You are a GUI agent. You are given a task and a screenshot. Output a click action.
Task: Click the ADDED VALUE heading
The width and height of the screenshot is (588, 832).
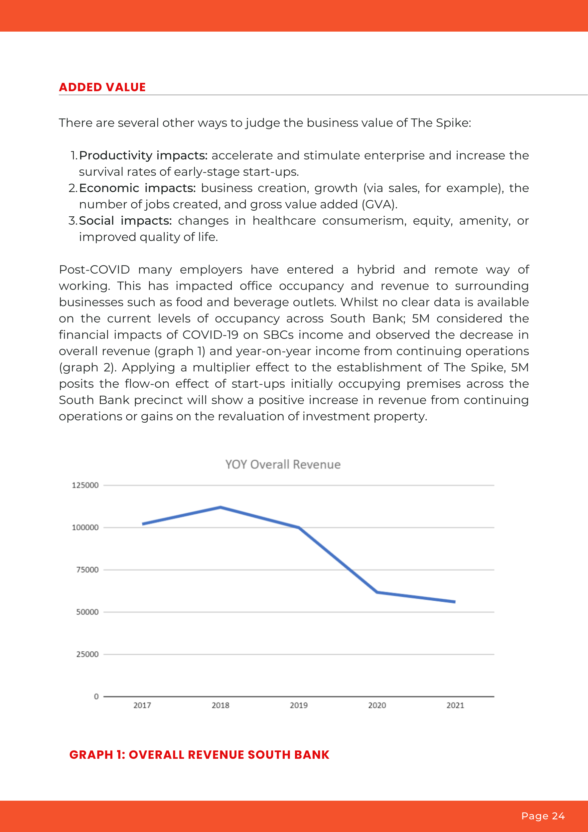pos(102,87)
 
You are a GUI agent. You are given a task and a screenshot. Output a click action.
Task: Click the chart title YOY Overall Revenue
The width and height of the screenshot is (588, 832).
pos(283,464)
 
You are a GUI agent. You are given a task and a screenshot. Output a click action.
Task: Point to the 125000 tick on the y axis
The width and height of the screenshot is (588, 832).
pos(85,485)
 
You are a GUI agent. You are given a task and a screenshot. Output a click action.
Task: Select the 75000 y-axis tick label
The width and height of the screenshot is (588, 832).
pos(87,570)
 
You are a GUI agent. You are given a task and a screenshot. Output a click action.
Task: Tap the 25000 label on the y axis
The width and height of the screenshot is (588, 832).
pos(87,654)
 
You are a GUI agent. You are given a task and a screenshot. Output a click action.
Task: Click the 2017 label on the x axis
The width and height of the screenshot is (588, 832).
pos(142,705)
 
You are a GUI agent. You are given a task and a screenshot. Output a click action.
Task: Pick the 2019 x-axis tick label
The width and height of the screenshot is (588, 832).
pos(299,705)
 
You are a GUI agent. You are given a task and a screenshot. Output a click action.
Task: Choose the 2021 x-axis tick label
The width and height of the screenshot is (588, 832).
pos(455,705)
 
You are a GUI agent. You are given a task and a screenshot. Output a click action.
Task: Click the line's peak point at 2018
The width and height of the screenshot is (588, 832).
pos(220,507)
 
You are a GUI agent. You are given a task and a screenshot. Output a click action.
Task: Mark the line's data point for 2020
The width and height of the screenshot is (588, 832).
pos(377,592)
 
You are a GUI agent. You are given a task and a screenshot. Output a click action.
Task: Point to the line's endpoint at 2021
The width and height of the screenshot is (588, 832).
pos(455,601)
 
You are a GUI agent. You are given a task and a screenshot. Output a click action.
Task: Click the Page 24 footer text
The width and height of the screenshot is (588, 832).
pos(543,816)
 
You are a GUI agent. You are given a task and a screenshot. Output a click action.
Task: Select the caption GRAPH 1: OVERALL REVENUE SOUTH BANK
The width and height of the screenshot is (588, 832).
pos(199,754)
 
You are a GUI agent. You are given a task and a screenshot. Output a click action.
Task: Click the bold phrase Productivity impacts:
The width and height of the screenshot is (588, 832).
pos(143,155)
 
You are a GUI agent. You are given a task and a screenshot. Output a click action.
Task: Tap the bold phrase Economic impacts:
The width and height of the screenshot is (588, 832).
pos(137,188)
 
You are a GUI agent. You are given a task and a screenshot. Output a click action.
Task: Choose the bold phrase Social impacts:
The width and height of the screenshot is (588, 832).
pos(125,220)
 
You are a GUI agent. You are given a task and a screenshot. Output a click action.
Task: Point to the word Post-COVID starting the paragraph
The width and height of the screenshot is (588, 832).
pos(94,269)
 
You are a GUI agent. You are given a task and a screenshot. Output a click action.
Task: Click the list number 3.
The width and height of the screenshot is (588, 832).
pos(73,220)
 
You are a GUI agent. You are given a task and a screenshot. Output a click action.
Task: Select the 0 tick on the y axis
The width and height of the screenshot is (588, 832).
pos(96,696)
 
